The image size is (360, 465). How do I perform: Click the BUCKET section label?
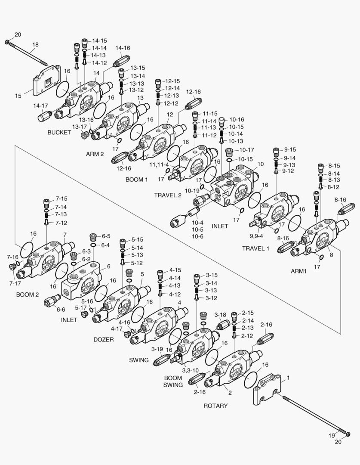59,133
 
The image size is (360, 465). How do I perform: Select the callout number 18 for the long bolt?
35,44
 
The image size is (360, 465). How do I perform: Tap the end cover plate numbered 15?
45,80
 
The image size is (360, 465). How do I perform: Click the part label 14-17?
41,106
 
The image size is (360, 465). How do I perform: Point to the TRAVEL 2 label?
168,195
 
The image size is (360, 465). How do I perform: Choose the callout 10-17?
247,150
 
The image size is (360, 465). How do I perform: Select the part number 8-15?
334,166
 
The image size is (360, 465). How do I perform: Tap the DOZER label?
104,339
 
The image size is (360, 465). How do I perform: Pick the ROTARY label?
215,406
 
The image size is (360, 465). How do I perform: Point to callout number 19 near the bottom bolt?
332,436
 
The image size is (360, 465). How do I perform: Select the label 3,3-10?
190,370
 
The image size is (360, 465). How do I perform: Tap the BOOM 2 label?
28,295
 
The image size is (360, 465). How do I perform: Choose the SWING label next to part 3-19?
139,360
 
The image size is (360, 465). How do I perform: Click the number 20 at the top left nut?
17,34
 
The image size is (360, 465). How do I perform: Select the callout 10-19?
193,191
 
